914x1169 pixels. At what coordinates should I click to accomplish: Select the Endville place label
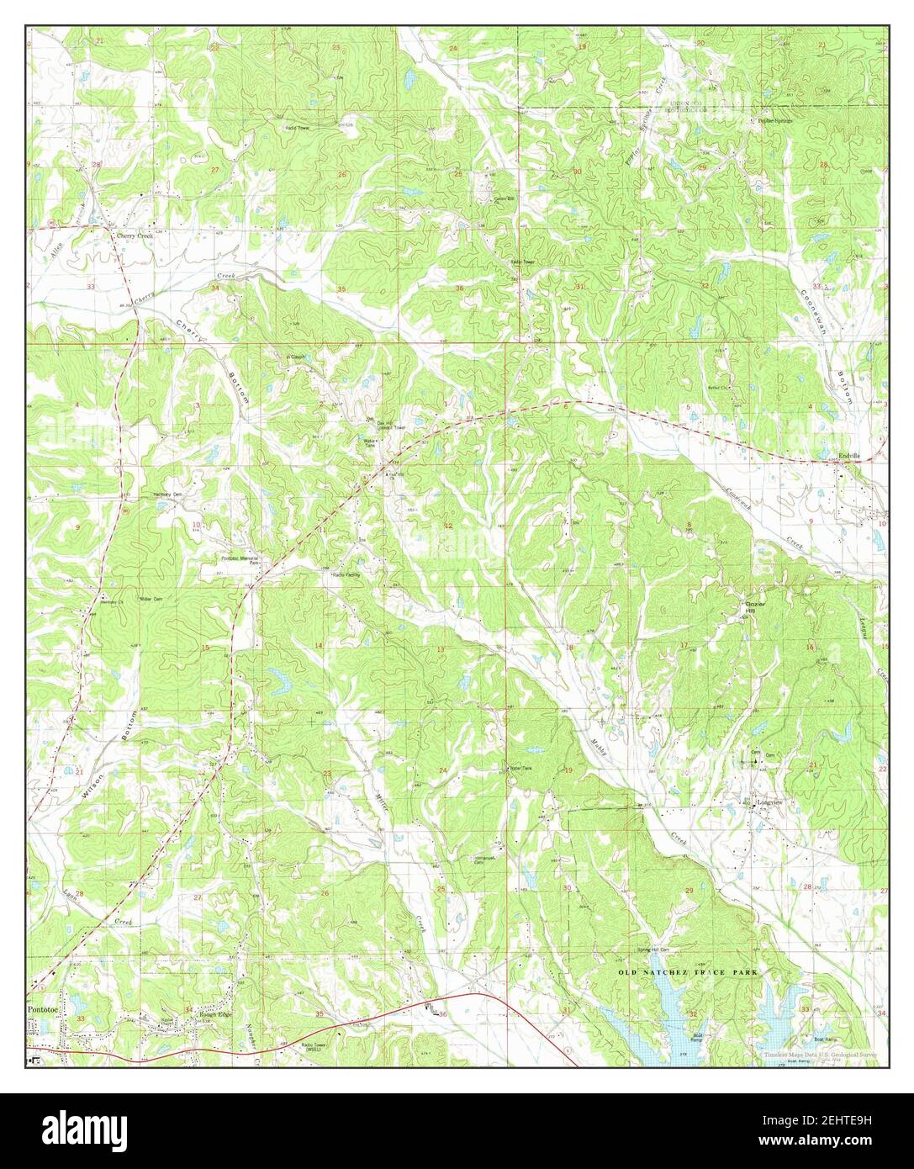click(x=850, y=456)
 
